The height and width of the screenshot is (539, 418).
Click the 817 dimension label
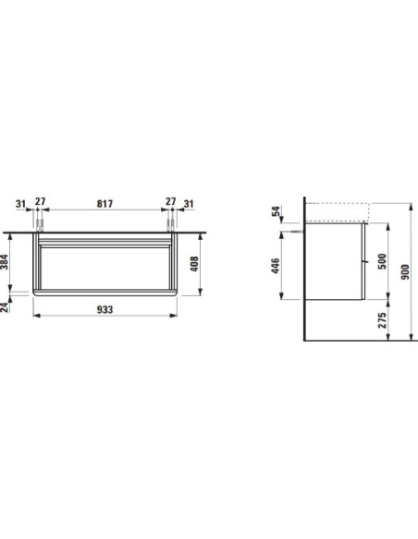tap(104, 204)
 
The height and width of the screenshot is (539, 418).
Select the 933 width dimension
tap(104, 310)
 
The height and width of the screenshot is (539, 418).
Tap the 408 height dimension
tap(194, 264)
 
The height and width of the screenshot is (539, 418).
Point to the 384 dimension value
tap(4, 262)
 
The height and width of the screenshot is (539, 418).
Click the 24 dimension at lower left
tap(4, 307)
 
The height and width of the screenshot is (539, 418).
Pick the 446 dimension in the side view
tap(276, 266)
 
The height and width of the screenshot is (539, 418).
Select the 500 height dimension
tap(382, 261)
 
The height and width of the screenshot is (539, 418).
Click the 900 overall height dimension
tap(405, 272)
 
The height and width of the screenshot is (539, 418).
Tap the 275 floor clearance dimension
tap(382, 320)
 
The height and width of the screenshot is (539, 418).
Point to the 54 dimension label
tap(276, 211)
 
